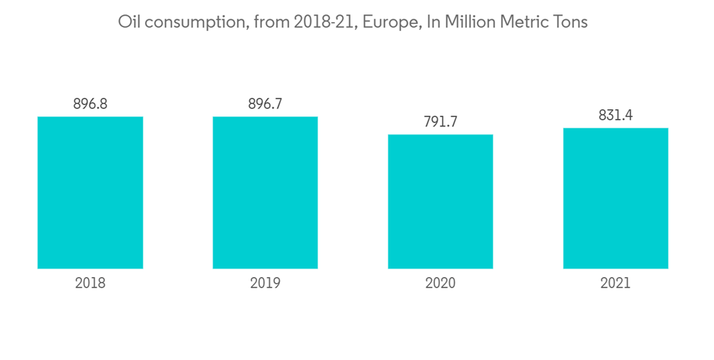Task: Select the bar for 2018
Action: coord(90,192)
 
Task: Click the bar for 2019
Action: coord(265,192)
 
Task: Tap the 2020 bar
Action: coord(440,201)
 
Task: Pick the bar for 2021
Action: coord(615,198)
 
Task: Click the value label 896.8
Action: coord(90,104)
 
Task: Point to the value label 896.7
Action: coord(265,104)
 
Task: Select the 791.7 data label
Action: coord(440,122)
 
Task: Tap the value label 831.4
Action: coord(615,116)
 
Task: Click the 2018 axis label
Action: coord(90,284)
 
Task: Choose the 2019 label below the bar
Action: coord(265,284)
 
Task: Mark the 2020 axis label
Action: coord(440,284)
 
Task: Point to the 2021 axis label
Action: coord(615,284)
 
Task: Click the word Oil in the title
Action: coord(128,22)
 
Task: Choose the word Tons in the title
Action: coord(571,22)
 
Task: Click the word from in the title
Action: coord(268,22)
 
